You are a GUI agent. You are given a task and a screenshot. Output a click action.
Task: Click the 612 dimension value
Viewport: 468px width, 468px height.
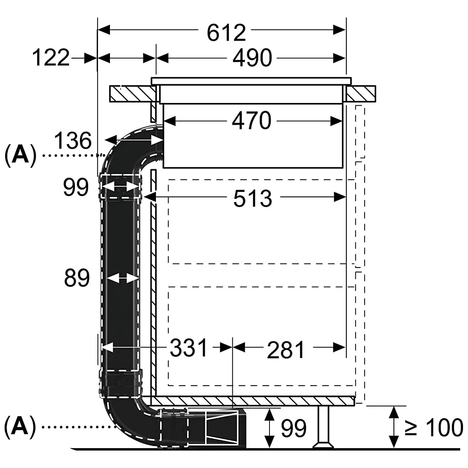[x=226, y=33]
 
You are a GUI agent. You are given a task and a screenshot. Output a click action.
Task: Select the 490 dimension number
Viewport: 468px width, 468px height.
[x=252, y=58]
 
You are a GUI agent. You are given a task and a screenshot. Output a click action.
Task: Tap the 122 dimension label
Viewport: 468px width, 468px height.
[x=51, y=58]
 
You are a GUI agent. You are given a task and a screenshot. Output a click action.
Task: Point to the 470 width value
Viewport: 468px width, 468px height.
[x=252, y=121]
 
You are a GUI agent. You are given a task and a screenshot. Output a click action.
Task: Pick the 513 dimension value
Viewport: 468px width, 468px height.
[x=252, y=199]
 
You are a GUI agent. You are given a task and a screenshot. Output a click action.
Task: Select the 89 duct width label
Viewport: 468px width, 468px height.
[x=76, y=278]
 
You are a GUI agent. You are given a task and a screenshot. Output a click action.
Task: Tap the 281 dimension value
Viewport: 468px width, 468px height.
[x=285, y=349]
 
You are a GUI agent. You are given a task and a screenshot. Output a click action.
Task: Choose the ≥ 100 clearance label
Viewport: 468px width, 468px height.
[x=433, y=428]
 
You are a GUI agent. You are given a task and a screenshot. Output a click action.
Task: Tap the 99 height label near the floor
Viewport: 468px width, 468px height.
[x=293, y=428]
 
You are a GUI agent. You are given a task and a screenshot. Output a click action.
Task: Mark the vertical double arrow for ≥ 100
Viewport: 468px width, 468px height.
[x=395, y=427]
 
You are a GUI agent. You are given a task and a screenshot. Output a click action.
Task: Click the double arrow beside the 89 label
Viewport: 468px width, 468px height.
[x=122, y=278]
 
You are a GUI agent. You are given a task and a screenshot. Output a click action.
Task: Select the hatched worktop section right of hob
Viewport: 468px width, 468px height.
[x=361, y=94]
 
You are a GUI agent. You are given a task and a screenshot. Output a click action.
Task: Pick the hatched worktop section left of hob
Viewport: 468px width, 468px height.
[x=131, y=94]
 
